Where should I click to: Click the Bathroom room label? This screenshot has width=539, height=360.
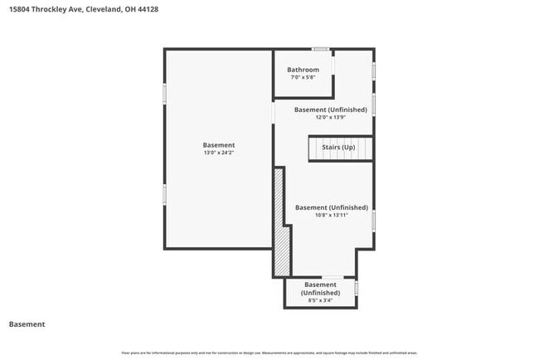(x=303, y=70)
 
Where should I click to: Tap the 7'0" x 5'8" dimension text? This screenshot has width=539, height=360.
(x=303, y=77)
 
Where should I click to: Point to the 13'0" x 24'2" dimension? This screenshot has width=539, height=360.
(x=219, y=153)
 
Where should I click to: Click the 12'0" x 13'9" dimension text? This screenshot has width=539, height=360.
(x=330, y=117)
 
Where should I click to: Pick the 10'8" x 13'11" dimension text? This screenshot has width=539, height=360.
(x=331, y=215)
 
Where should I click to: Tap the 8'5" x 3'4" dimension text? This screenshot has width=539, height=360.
(x=320, y=301)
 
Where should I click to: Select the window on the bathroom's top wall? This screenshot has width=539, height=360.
(x=320, y=49)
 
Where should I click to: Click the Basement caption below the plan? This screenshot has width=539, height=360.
(x=27, y=324)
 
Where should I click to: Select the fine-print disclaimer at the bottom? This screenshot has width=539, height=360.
(x=269, y=353)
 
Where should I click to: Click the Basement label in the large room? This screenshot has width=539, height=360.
(x=219, y=145)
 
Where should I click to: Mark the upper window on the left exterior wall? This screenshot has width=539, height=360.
(x=164, y=93)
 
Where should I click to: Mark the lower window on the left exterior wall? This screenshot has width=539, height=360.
(x=164, y=193)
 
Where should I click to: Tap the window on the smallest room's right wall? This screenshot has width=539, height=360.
(x=356, y=288)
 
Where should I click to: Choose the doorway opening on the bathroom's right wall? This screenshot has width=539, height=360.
(x=333, y=68)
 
